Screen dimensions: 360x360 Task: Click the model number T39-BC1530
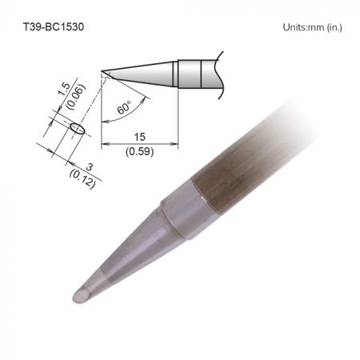coord(54,26)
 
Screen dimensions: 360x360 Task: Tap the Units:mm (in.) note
coord(312,27)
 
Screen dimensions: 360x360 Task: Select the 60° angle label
coord(124,107)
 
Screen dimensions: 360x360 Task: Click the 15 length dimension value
coord(139,137)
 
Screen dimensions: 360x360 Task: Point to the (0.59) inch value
coord(139,152)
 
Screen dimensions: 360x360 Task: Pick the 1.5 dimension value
coord(64,90)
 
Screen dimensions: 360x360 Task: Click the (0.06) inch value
coord(77,97)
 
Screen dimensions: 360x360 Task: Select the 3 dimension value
coord(90,167)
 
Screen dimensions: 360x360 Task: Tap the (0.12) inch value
coord(82,179)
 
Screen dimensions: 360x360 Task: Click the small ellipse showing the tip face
coord(78,129)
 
